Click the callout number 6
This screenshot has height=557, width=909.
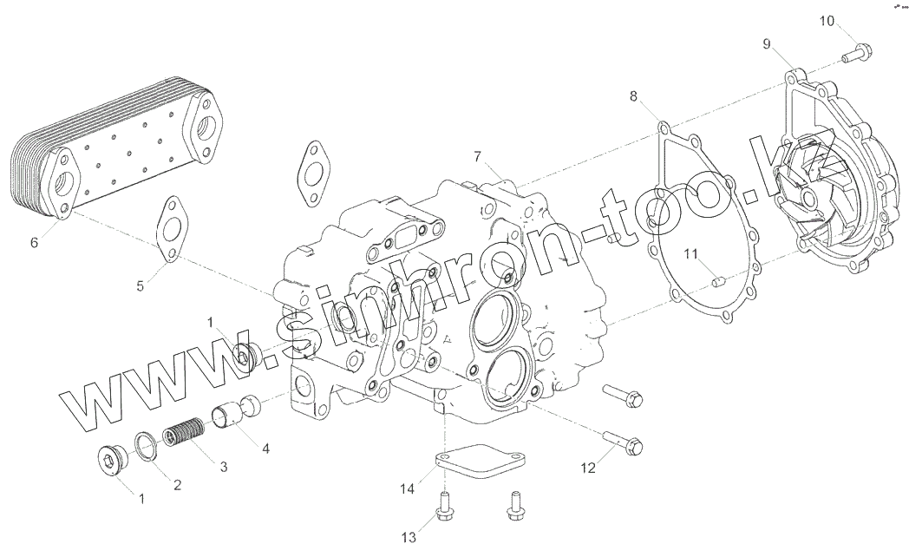point(34,243)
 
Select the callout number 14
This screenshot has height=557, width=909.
point(408,490)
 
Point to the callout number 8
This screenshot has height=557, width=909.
point(634,96)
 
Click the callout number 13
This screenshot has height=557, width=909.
point(408,529)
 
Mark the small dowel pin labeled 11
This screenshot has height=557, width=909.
point(716,280)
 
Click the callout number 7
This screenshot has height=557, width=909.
point(477,156)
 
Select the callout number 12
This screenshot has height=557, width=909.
point(589,469)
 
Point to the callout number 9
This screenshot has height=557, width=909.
point(767,43)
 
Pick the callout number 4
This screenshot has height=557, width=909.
point(265,449)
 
